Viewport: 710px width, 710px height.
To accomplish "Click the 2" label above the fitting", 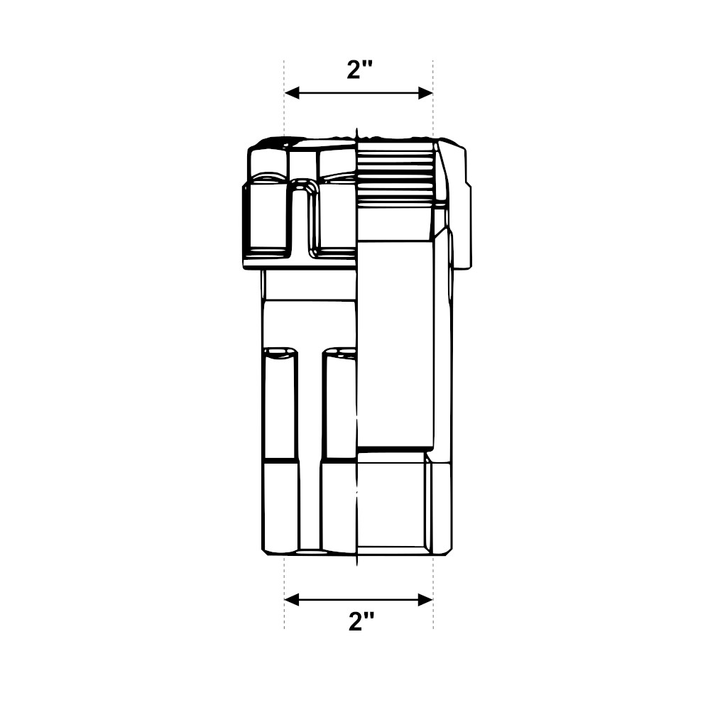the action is tap(359, 70).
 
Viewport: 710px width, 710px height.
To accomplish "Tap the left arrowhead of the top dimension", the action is tap(292, 93).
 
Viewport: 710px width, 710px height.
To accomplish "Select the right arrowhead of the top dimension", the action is tap(425, 93).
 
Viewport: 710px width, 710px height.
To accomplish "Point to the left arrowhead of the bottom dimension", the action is tap(292, 600).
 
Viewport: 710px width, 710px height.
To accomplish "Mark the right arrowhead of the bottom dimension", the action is tap(425, 600).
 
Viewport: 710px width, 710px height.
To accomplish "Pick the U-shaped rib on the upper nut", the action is tap(303, 217).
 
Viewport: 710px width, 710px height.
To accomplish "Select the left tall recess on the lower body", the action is tap(280, 403).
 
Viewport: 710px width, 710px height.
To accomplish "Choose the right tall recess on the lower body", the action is tap(339, 403).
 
